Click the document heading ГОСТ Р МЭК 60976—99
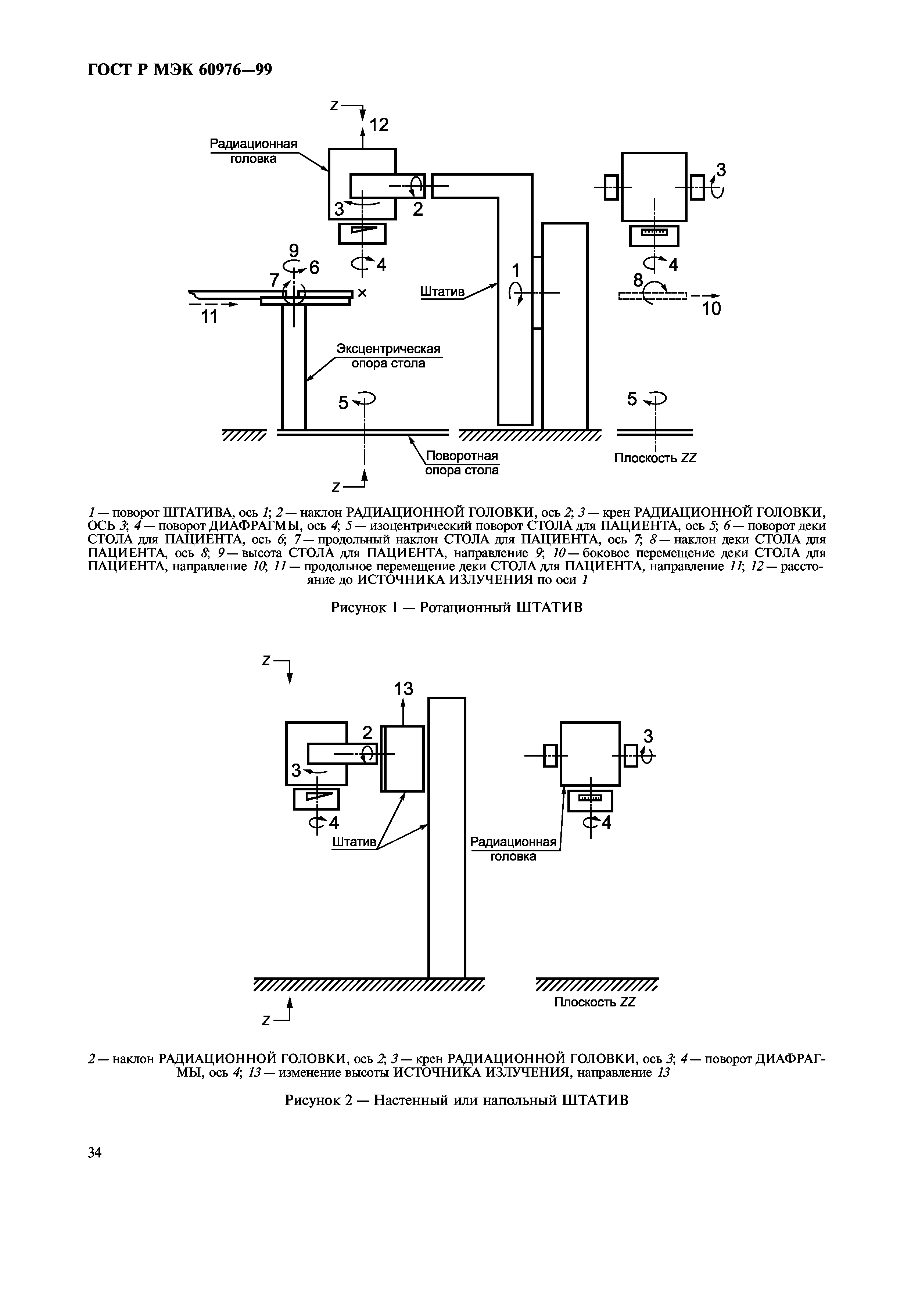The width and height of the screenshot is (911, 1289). coord(180,69)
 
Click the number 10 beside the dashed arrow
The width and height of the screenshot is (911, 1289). coord(711,309)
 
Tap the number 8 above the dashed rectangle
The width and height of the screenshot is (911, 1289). coord(638,280)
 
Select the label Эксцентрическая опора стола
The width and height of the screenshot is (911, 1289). coord(388,356)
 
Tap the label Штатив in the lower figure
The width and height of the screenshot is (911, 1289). coord(354,842)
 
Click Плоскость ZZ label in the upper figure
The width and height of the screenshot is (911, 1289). coord(655,458)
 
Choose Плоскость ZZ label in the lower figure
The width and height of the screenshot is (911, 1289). coord(595,1002)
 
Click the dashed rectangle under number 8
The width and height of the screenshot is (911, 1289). coord(653,296)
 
